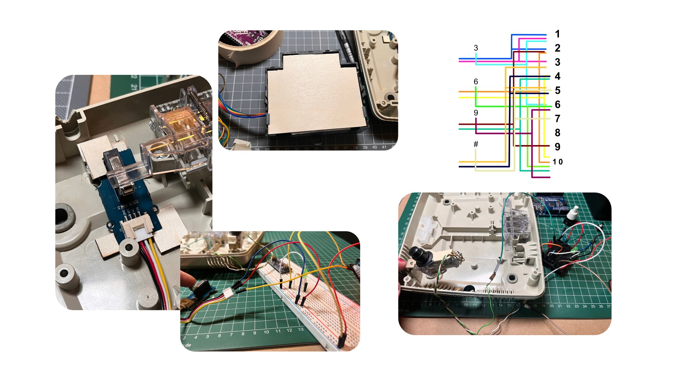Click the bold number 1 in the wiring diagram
click(x=558, y=34)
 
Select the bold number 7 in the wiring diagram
click(x=558, y=118)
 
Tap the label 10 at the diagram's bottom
click(x=558, y=162)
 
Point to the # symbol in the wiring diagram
click(x=476, y=144)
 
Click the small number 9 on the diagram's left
click(x=476, y=113)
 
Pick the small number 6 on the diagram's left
click(x=476, y=82)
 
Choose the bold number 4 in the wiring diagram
click(x=558, y=76)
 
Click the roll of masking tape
click(x=249, y=46)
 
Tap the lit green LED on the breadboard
click(x=306, y=273)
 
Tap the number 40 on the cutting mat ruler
click(x=374, y=147)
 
